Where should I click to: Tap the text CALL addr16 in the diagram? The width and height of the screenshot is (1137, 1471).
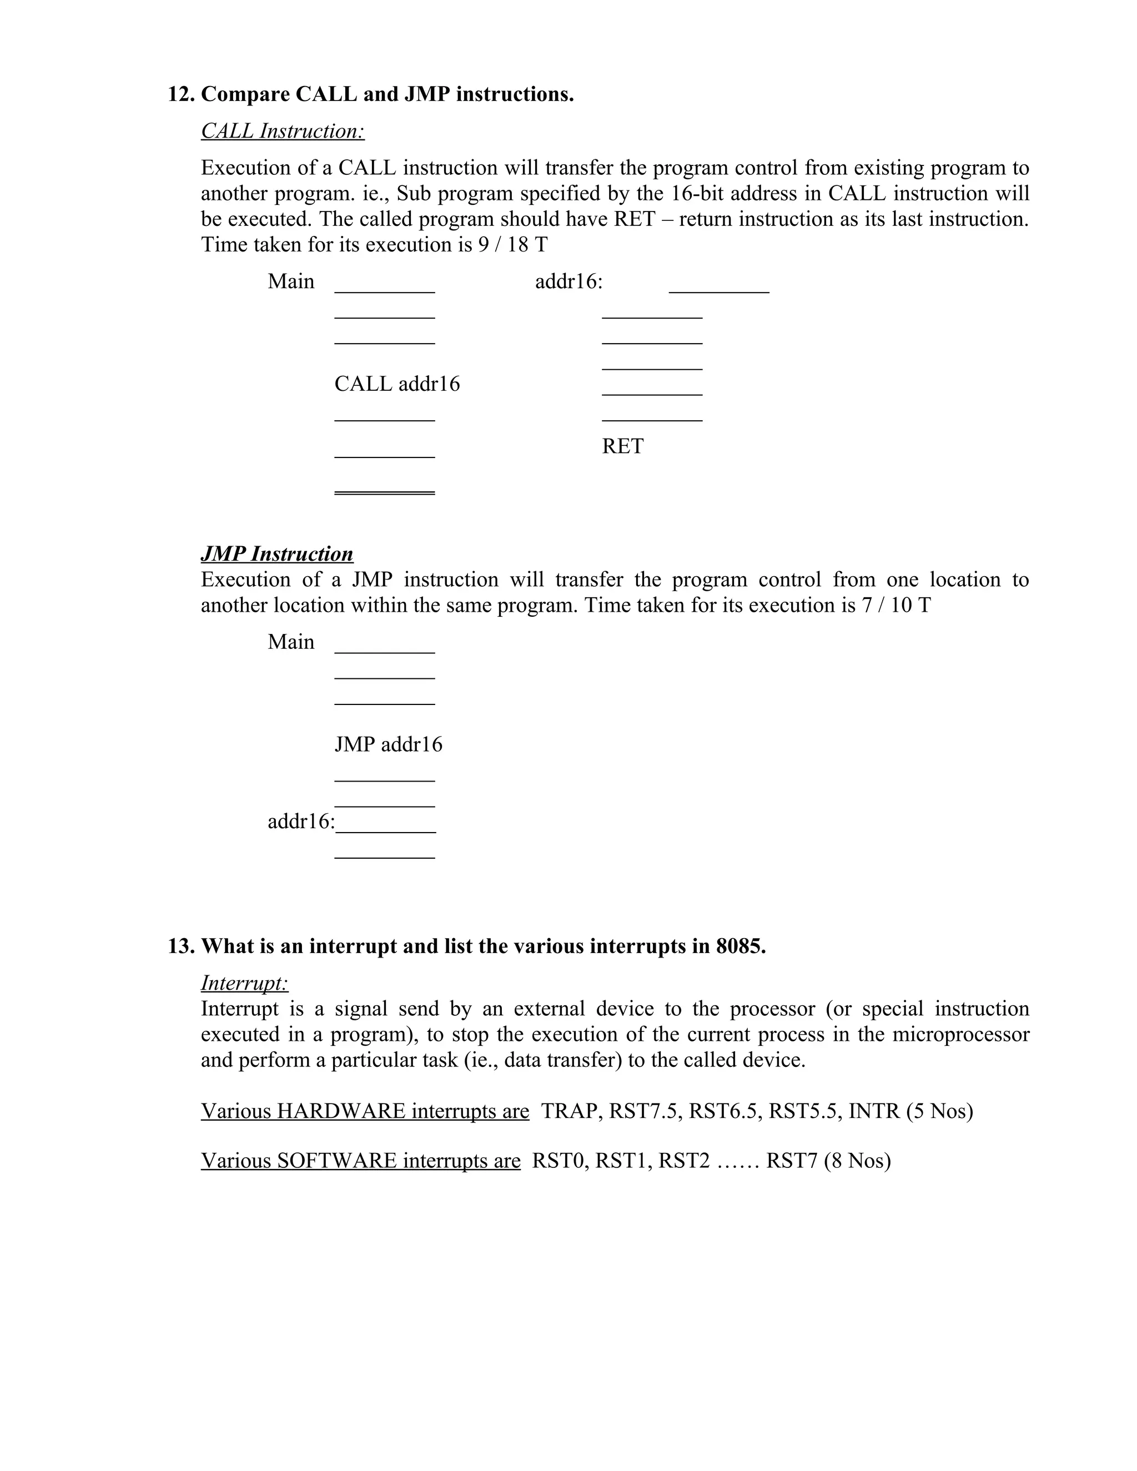pyautogui.click(x=397, y=384)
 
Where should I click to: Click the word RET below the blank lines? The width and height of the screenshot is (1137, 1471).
pyautogui.click(x=622, y=446)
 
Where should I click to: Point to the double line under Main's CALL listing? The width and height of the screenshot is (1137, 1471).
pyautogui.click(x=385, y=493)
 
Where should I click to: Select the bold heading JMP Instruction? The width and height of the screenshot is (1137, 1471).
pyautogui.click(x=277, y=553)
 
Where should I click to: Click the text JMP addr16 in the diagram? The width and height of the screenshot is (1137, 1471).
pyautogui.click(x=389, y=744)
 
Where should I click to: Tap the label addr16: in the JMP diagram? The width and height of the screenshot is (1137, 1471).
pyautogui.click(x=300, y=821)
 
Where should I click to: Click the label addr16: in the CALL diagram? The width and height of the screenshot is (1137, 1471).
pyautogui.click(x=568, y=281)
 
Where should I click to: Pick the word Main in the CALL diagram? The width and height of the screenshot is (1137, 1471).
pyautogui.click(x=290, y=281)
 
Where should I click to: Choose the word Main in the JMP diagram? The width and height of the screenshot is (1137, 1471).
pyautogui.click(x=290, y=642)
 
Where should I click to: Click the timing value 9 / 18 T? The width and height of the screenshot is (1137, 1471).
pyautogui.click(x=512, y=244)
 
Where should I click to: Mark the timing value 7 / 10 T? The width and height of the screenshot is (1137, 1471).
pyautogui.click(x=895, y=605)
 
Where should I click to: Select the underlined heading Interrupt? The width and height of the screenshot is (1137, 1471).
pyautogui.click(x=244, y=984)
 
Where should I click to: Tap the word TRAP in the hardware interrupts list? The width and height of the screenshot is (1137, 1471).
pyautogui.click(x=571, y=1111)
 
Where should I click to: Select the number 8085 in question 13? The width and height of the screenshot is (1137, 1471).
pyautogui.click(x=739, y=946)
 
